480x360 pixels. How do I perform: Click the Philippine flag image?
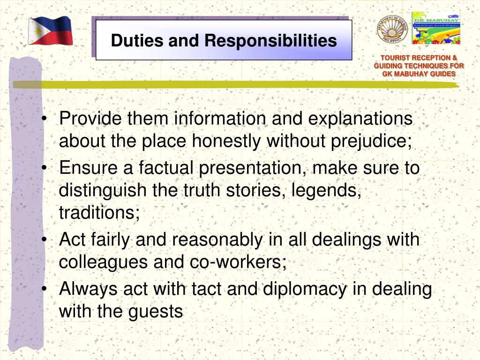(x=50, y=31)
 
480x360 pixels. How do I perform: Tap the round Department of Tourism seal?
(x=391, y=29)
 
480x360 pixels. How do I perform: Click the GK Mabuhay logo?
(x=435, y=28)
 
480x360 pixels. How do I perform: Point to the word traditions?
(x=99, y=213)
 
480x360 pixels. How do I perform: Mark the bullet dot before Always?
(x=44, y=289)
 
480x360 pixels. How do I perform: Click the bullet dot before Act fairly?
(x=44, y=240)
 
